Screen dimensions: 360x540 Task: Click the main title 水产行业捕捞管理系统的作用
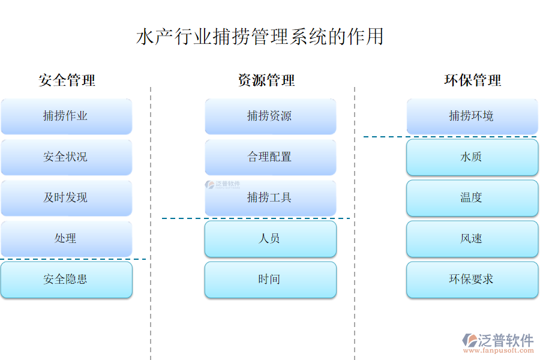click(x=260, y=37)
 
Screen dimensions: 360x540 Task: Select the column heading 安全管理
click(x=67, y=80)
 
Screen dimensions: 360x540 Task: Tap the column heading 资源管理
click(x=266, y=80)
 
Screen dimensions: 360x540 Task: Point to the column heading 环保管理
click(x=472, y=80)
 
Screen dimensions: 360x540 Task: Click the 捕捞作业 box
click(x=66, y=116)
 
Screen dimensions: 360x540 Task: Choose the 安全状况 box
click(x=66, y=157)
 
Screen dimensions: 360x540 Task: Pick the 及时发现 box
click(x=66, y=198)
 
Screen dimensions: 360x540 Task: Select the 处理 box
click(x=66, y=239)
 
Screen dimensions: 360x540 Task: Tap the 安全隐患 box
click(x=66, y=280)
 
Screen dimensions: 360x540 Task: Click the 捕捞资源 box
click(x=270, y=116)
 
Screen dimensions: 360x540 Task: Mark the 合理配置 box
click(x=270, y=157)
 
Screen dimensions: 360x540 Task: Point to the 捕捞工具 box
click(x=270, y=198)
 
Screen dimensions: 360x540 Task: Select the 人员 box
click(x=270, y=239)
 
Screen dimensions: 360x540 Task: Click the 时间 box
click(x=270, y=280)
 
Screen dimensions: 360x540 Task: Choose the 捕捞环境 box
click(x=472, y=116)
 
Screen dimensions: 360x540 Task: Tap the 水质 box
click(x=472, y=157)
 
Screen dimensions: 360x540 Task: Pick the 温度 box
click(x=472, y=198)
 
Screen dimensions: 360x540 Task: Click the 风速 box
click(x=472, y=239)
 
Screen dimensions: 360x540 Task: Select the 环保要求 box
click(x=472, y=280)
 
